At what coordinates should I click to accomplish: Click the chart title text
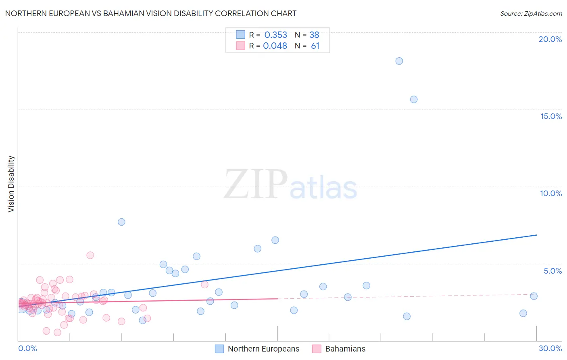point(151,14)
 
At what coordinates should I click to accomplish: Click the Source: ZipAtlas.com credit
point(531,14)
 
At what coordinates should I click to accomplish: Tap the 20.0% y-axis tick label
point(550,39)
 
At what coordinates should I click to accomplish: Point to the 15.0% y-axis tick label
point(551,116)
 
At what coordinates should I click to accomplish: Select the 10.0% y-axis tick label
point(551,193)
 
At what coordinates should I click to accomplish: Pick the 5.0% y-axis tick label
point(552,271)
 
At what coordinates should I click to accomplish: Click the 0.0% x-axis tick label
point(27,348)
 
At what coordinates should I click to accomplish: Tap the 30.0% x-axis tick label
point(550,348)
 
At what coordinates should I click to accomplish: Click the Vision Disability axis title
point(11,184)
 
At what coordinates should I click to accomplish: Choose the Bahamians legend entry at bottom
point(345,349)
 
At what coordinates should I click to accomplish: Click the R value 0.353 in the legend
point(276,35)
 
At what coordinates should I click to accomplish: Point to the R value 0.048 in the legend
point(275,46)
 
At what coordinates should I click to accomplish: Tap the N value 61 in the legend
point(315,46)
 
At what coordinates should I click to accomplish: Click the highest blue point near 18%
point(399,61)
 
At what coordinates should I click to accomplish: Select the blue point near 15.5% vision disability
point(414,99)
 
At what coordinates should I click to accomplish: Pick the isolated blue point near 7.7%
point(121,222)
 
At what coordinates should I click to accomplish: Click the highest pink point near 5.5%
point(90,255)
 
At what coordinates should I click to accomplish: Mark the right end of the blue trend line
point(536,235)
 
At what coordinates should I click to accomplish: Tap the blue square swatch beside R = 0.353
point(241,35)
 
